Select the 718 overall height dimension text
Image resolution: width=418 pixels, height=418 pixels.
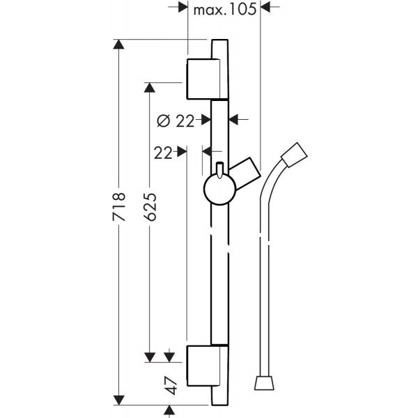(x=120, y=207)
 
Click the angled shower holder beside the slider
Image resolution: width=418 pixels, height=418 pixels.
(x=245, y=173)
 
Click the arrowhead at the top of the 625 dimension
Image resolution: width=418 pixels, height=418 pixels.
(x=148, y=86)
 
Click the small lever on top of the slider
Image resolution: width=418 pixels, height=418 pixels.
(x=218, y=169)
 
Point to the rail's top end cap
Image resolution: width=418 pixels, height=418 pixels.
(x=218, y=49)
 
